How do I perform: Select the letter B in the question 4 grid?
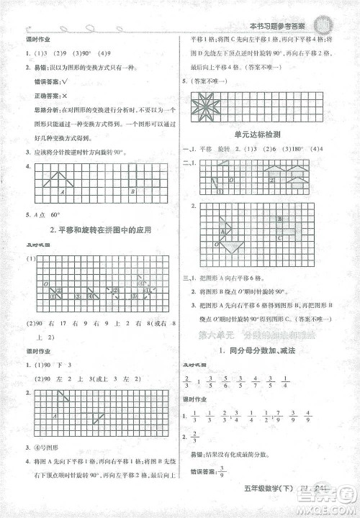coord(134,191)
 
